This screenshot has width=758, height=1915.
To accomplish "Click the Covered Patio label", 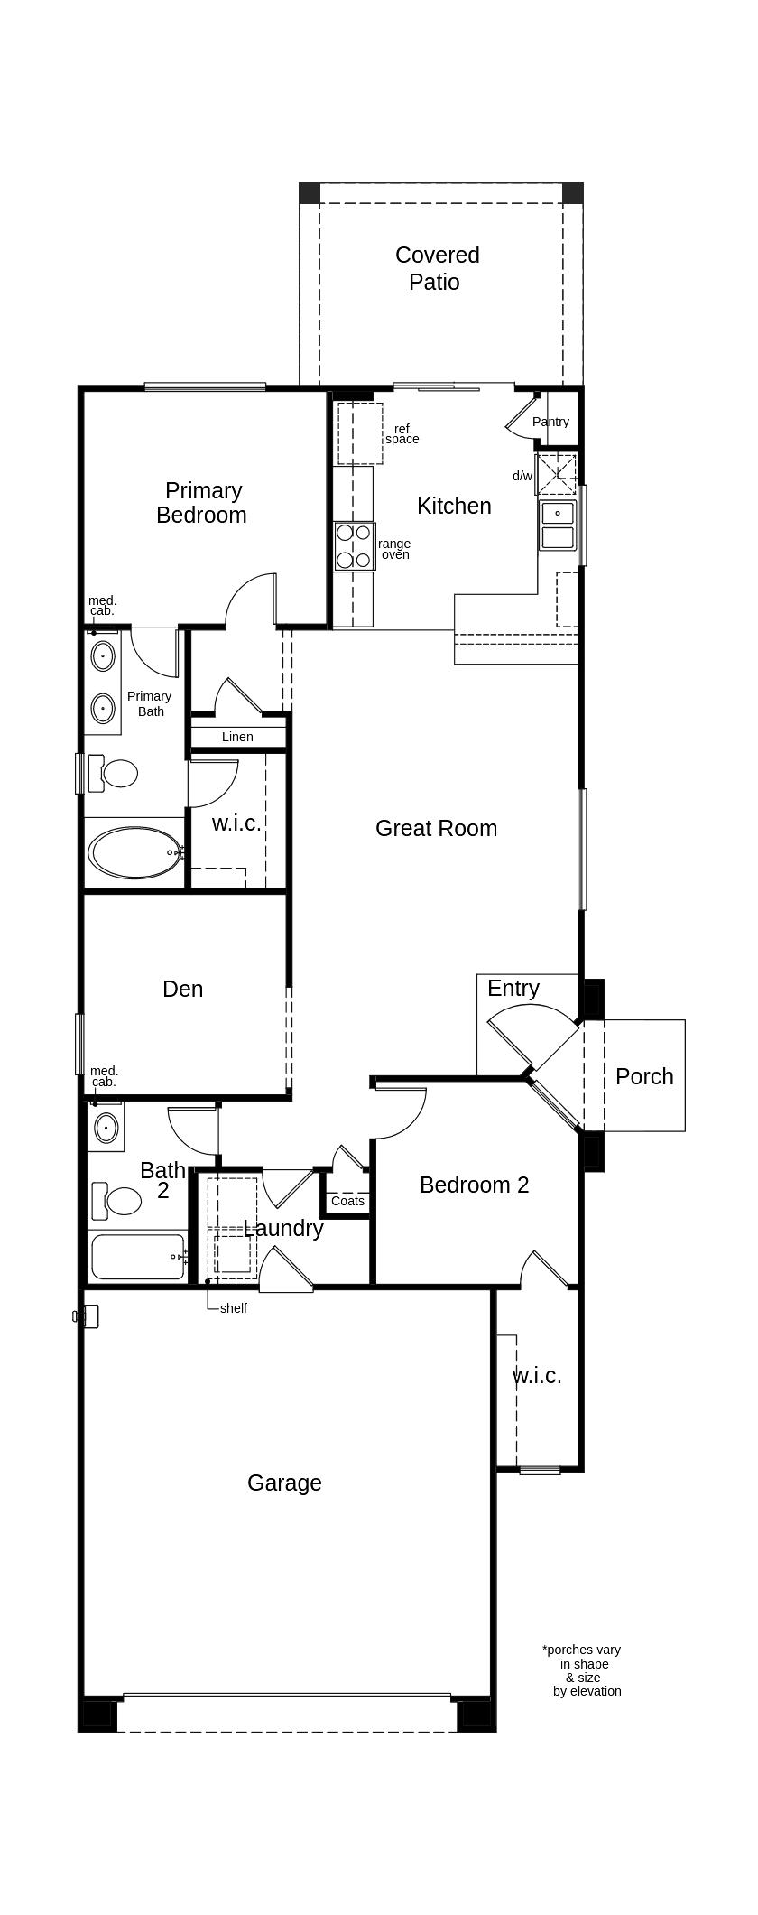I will [x=437, y=268].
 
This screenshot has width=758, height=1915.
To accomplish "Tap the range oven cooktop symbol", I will [x=354, y=545].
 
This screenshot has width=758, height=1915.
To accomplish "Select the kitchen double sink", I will [x=558, y=525].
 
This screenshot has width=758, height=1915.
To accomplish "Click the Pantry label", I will [x=550, y=422].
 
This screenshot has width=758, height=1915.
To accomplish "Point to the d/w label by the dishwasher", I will [x=522, y=476].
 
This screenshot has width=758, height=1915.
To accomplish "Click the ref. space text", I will [x=402, y=434].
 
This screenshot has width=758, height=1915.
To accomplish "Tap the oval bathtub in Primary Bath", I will [x=135, y=852].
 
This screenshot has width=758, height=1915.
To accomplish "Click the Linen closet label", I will [x=237, y=737].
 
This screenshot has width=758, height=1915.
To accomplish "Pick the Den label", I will [x=182, y=989].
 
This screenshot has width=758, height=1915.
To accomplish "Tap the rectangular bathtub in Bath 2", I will [x=137, y=1256].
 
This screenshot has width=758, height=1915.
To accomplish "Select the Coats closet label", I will [x=347, y=1201].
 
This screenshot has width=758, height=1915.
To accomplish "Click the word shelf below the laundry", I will [x=233, y=1308].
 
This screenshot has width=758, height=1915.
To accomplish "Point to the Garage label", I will [x=284, y=1483].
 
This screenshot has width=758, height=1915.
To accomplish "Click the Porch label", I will [x=644, y=1076].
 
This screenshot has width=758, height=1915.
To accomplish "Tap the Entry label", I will [x=513, y=988].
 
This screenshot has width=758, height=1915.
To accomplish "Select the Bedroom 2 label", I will [x=474, y=1185].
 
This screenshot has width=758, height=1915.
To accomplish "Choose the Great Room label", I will [x=436, y=828].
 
